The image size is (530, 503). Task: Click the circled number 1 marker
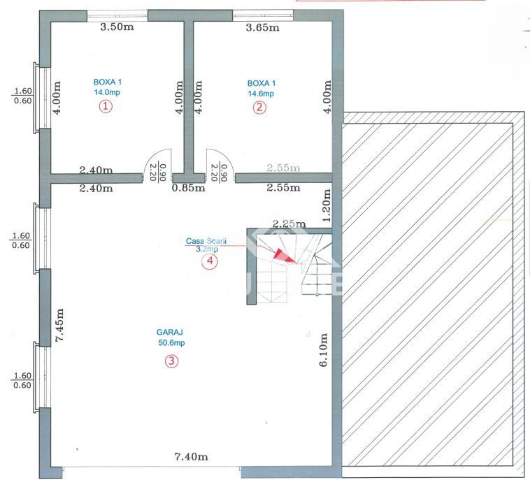[x=105, y=106]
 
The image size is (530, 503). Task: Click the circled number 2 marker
[x=259, y=107]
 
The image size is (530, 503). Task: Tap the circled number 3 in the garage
[x=171, y=361]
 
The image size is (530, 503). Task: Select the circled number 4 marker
[x=209, y=261]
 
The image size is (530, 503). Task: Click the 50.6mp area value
[x=171, y=343]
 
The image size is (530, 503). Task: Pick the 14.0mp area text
[x=107, y=92]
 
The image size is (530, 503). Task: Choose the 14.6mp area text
[x=261, y=93]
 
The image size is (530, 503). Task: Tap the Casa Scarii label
[x=203, y=241]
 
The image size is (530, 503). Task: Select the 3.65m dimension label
[x=262, y=28]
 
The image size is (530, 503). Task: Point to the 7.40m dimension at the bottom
[x=191, y=457]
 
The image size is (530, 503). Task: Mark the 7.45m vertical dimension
[x=60, y=325]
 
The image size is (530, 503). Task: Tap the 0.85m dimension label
[x=189, y=187]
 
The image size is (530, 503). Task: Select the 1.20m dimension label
[x=325, y=203]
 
